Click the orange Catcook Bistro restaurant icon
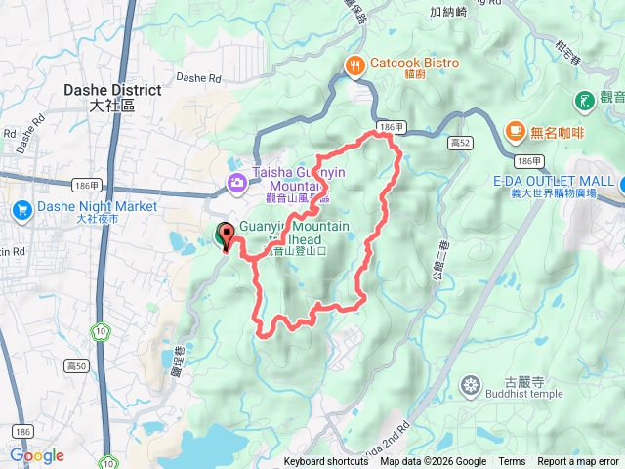[354, 64]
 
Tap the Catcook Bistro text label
[413, 64]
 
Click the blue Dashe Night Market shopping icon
[21, 208]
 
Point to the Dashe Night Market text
[97, 207]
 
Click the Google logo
[36, 455]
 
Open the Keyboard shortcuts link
[326, 462]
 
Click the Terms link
[512, 462]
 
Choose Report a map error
[578, 462]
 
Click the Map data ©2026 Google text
[434, 462]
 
